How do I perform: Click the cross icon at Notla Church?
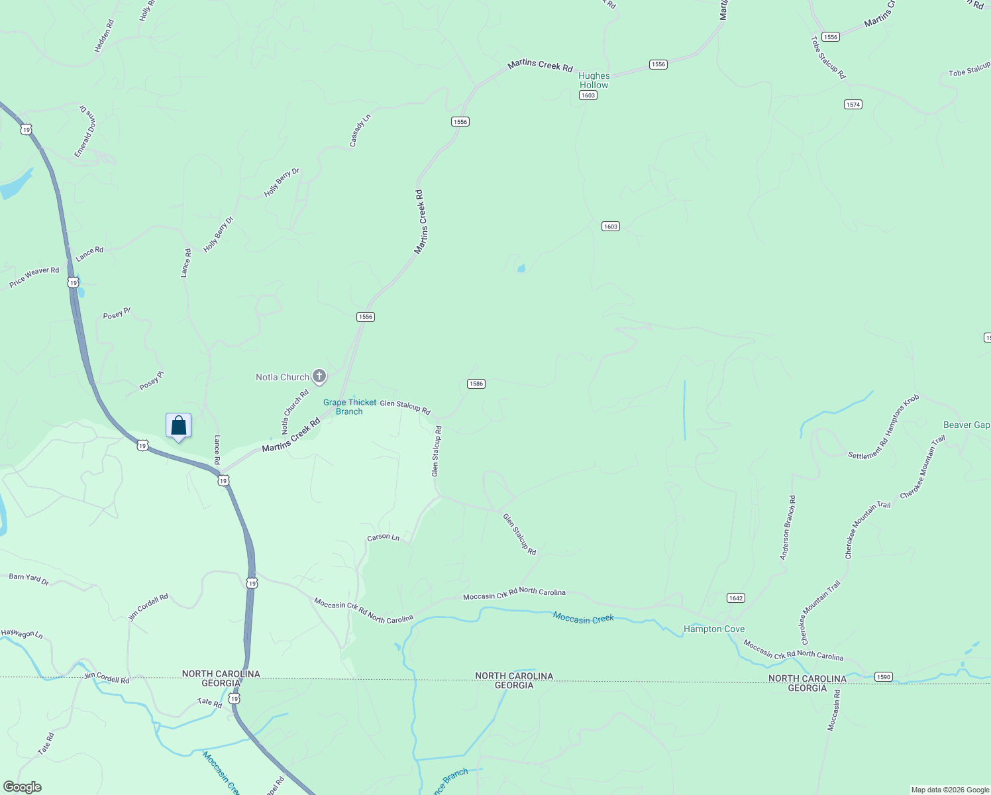pos(319,377)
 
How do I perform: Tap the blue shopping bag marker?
pos(178,425)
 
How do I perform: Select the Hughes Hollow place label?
pos(594,80)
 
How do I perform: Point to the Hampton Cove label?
pos(714,629)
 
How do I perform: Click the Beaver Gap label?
pos(966,425)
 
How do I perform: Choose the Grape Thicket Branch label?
pos(349,407)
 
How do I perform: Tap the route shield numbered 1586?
pos(476,384)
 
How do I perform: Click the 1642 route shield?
pos(735,598)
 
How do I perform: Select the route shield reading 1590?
pos(883,676)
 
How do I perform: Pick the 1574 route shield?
pos(853,104)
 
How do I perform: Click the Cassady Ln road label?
pos(360,131)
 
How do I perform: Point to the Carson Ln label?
pos(384,537)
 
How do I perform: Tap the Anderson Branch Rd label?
pos(788,528)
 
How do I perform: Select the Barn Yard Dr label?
pos(28,579)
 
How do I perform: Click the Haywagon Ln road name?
pos(22,634)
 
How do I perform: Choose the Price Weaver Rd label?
pos(34,278)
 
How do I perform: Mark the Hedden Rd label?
pos(104,36)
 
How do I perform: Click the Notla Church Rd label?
pos(295,411)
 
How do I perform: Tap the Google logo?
pos(22,787)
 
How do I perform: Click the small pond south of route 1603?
pos(521,268)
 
